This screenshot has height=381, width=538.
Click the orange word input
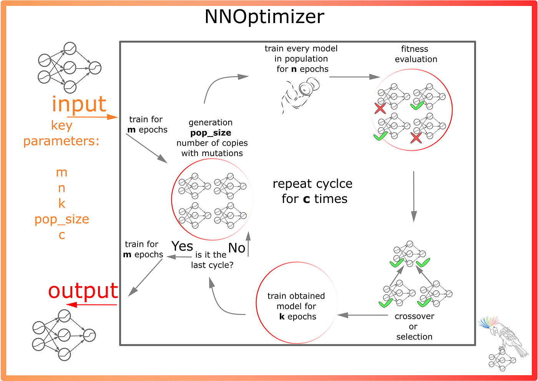[x=79, y=104]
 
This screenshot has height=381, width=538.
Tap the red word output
[x=83, y=291]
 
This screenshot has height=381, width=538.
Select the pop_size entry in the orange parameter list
[x=62, y=219]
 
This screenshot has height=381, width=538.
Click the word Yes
[x=182, y=246]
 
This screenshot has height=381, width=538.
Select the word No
[x=237, y=248]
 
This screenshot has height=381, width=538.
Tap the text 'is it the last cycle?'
[x=212, y=260]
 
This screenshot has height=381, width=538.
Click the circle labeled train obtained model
[x=296, y=303]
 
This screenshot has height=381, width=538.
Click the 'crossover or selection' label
[x=414, y=326]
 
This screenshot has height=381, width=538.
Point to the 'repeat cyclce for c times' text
[x=313, y=191]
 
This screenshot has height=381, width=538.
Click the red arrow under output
[x=91, y=305]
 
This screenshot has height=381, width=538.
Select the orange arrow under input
[x=92, y=117]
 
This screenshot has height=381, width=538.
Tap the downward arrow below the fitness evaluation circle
[x=413, y=196]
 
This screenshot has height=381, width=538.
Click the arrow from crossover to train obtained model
[x=362, y=315]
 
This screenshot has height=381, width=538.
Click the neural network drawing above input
[x=69, y=68]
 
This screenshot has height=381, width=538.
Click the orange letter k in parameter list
[x=62, y=203]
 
